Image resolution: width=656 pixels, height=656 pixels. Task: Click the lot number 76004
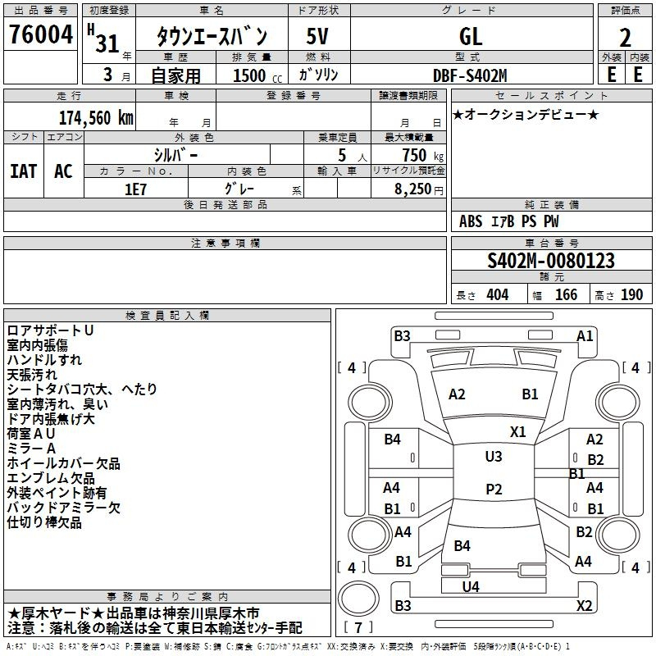click(41, 34)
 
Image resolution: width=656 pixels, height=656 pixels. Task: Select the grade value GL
click(471, 37)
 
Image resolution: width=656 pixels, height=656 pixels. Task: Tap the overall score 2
click(625, 38)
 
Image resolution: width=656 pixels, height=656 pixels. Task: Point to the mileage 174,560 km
click(96, 118)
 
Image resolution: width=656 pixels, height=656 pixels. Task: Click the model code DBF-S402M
click(470, 75)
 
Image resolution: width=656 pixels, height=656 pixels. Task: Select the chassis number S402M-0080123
click(551, 261)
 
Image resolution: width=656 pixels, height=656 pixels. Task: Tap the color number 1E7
click(135, 189)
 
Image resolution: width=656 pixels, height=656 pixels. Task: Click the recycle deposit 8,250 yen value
click(418, 189)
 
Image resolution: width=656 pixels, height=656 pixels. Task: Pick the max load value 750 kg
click(422, 155)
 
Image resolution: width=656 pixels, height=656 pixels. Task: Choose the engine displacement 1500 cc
click(257, 75)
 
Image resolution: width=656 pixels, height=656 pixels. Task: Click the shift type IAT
click(24, 171)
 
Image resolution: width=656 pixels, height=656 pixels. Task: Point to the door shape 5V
click(317, 36)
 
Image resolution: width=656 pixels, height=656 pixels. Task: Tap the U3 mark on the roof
click(494, 457)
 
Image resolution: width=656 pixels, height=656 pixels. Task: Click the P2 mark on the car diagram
click(494, 489)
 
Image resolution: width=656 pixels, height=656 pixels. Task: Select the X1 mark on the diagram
click(517, 432)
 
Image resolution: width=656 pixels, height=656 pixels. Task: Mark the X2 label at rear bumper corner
click(584, 605)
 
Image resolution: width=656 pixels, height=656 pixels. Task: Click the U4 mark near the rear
click(471, 587)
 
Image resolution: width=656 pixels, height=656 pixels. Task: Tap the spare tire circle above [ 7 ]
click(358, 599)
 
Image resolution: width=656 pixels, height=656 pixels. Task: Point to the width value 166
click(566, 294)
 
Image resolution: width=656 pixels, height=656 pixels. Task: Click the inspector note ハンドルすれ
click(44, 360)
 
